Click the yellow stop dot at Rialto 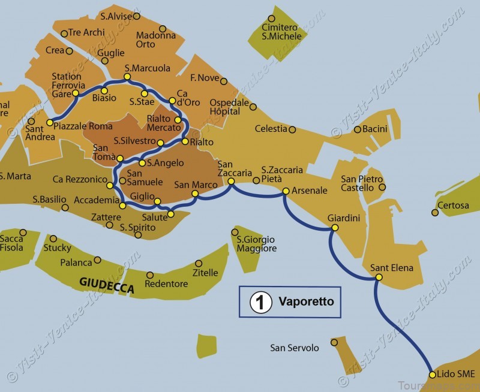pos(185,141)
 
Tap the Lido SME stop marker pos(432,375)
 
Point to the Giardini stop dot pos(335,228)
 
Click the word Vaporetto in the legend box pos(306,301)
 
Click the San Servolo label pos(295,348)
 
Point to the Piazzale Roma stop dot pos(49,122)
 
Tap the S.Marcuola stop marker pos(127,77)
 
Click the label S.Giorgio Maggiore pos(257,244)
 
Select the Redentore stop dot pos(150,275)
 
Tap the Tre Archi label pos(86,32)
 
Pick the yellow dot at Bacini pos(357,129)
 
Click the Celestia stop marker pos(292,129)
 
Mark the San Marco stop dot pos(196,194)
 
